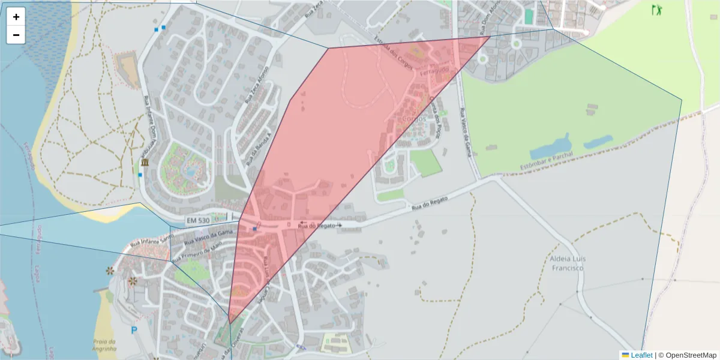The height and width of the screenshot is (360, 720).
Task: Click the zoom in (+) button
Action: click(16, 17)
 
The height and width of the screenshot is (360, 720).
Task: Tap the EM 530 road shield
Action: click(198, 221)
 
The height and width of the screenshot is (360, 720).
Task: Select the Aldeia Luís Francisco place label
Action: click(566, 263)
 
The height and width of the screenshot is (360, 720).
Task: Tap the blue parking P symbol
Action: click(134, 330)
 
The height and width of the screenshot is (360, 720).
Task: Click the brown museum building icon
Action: click(145, 163)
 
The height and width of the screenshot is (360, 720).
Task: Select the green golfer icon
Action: click(657, 10)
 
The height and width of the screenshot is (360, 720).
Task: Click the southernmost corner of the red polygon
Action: click(230, 323)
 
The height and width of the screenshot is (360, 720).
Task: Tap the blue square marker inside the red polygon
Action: click(255, 229)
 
